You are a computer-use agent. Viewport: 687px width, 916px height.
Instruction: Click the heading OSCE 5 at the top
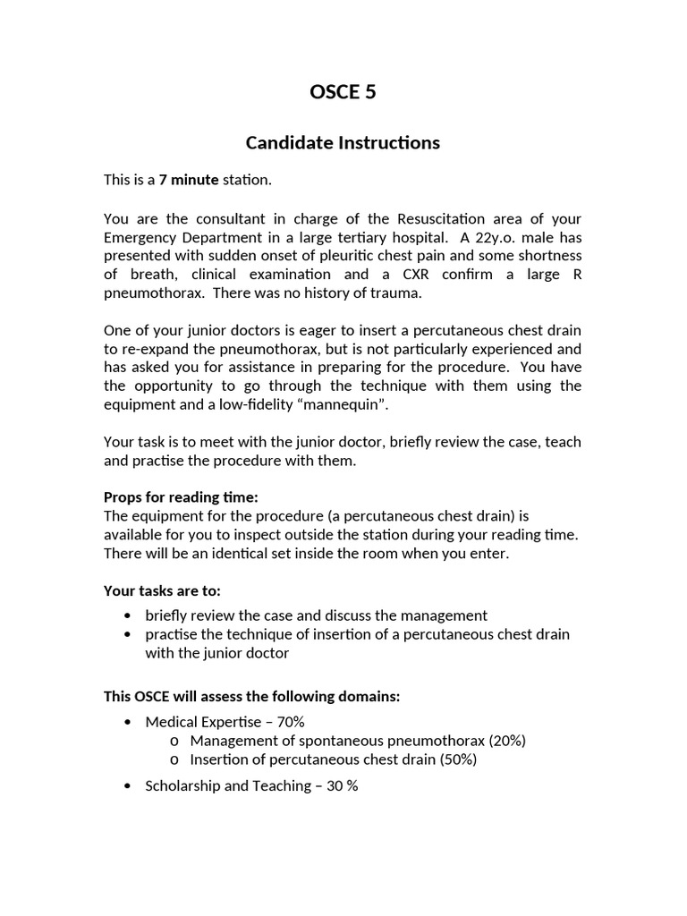(x=343, y=91)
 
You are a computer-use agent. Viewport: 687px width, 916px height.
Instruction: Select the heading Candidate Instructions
(x=343, y=142)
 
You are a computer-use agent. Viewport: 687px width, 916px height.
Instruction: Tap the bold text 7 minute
(x=189, y=180)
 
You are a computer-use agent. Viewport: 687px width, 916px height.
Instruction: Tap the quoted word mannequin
(x=343, y=403)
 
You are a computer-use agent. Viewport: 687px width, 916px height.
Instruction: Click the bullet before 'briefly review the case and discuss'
(x=131, y=615)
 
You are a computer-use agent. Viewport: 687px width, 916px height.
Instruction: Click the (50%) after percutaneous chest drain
(x=455, y=759)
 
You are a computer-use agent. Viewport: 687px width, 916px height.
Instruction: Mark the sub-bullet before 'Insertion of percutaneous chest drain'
(x=174, y=759)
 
